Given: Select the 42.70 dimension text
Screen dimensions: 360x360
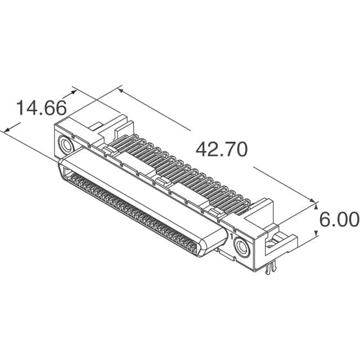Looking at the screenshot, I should click(x=221, y=150).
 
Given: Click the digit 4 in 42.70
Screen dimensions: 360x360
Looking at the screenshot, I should click(x=202, y=150).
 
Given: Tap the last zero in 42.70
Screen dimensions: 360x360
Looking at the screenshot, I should click(x=240, y=150).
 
